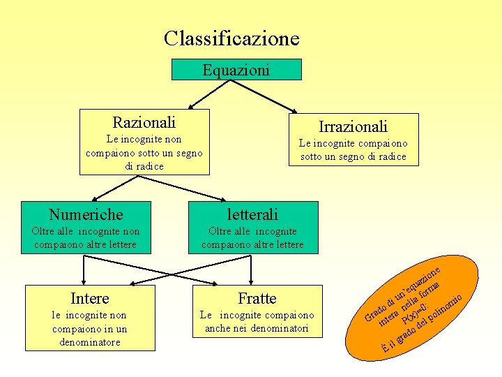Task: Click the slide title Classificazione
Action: coord(231,38)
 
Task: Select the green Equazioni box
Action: coord(236,70)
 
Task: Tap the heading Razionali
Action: coord(144,122)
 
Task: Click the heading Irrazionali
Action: coord(353,126)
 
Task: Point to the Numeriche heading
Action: coord(86,214)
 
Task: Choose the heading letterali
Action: coord(252,214)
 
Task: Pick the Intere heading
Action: coord(90,299)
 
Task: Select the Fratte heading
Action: coord(257,299)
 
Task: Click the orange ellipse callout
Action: coord(418,307)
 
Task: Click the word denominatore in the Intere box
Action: coord(90,342)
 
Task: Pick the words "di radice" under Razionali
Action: coord(144,166)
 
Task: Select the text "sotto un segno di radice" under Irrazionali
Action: coord(353,156)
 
